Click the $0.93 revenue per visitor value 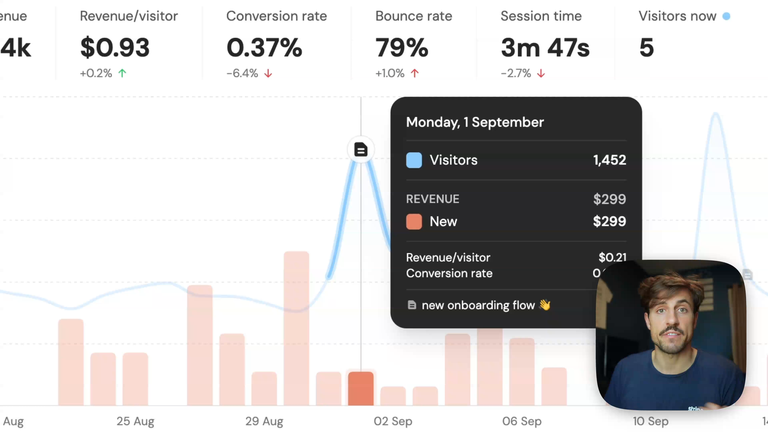[115, 48]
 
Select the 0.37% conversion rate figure [264, 48]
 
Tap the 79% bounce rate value [402, 48]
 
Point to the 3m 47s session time [545, 48]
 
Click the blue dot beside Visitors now [726, 16]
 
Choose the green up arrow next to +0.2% [122, 73]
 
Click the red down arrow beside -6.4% [268, 74]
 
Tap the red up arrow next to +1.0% [415, 73]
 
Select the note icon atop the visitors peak [361, 150]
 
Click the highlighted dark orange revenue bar [361, 388]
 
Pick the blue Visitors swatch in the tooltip [414, 160]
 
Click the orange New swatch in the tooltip [414, 222]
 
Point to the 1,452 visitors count [609, 160]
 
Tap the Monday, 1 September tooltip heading [475, 122]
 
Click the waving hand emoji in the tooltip [545, 305]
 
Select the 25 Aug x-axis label [135, 421]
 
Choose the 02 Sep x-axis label [393, 421]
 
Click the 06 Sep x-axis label [522, 421]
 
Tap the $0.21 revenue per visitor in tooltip [612, 257]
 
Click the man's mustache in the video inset [672, 332]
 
